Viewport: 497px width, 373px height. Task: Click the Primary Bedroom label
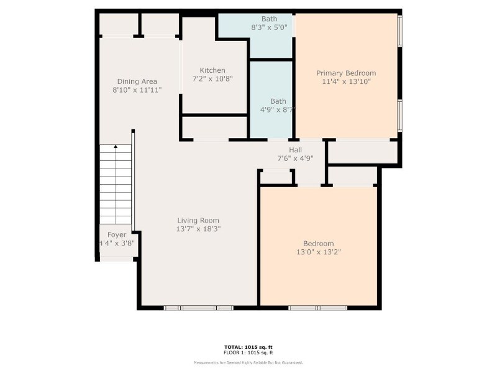pos(346,73)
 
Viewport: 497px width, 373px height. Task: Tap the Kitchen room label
pos(212,70)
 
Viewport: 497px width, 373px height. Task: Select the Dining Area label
pos(137,81)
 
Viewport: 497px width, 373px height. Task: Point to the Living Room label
pos(198,221)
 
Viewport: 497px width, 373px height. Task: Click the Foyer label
pos(117,235)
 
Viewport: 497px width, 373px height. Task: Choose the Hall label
pos(295,150)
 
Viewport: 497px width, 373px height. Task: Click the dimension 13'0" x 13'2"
pos(319,252)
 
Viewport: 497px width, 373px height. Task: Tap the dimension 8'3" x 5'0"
pos(269,27)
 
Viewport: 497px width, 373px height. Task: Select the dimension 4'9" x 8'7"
pos(278,110)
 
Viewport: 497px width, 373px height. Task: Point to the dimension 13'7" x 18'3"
pos(198,229)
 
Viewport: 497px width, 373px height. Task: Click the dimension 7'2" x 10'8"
pos(212,78)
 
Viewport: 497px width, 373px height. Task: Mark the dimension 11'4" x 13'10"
pos(346,81)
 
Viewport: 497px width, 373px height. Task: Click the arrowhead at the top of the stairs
pos(116,147)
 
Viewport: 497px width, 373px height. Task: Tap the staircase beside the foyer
pos(116,185)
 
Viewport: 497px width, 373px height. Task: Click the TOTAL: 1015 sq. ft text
pos(248,347)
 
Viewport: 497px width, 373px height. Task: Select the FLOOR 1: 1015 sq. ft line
pos(248,352)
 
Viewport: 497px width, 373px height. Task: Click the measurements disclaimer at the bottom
pos(248,362)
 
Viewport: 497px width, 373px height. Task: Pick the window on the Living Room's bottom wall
pos(198,308)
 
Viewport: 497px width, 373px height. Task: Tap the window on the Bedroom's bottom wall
pos(317,308)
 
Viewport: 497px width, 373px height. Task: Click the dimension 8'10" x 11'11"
pos(137,90)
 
